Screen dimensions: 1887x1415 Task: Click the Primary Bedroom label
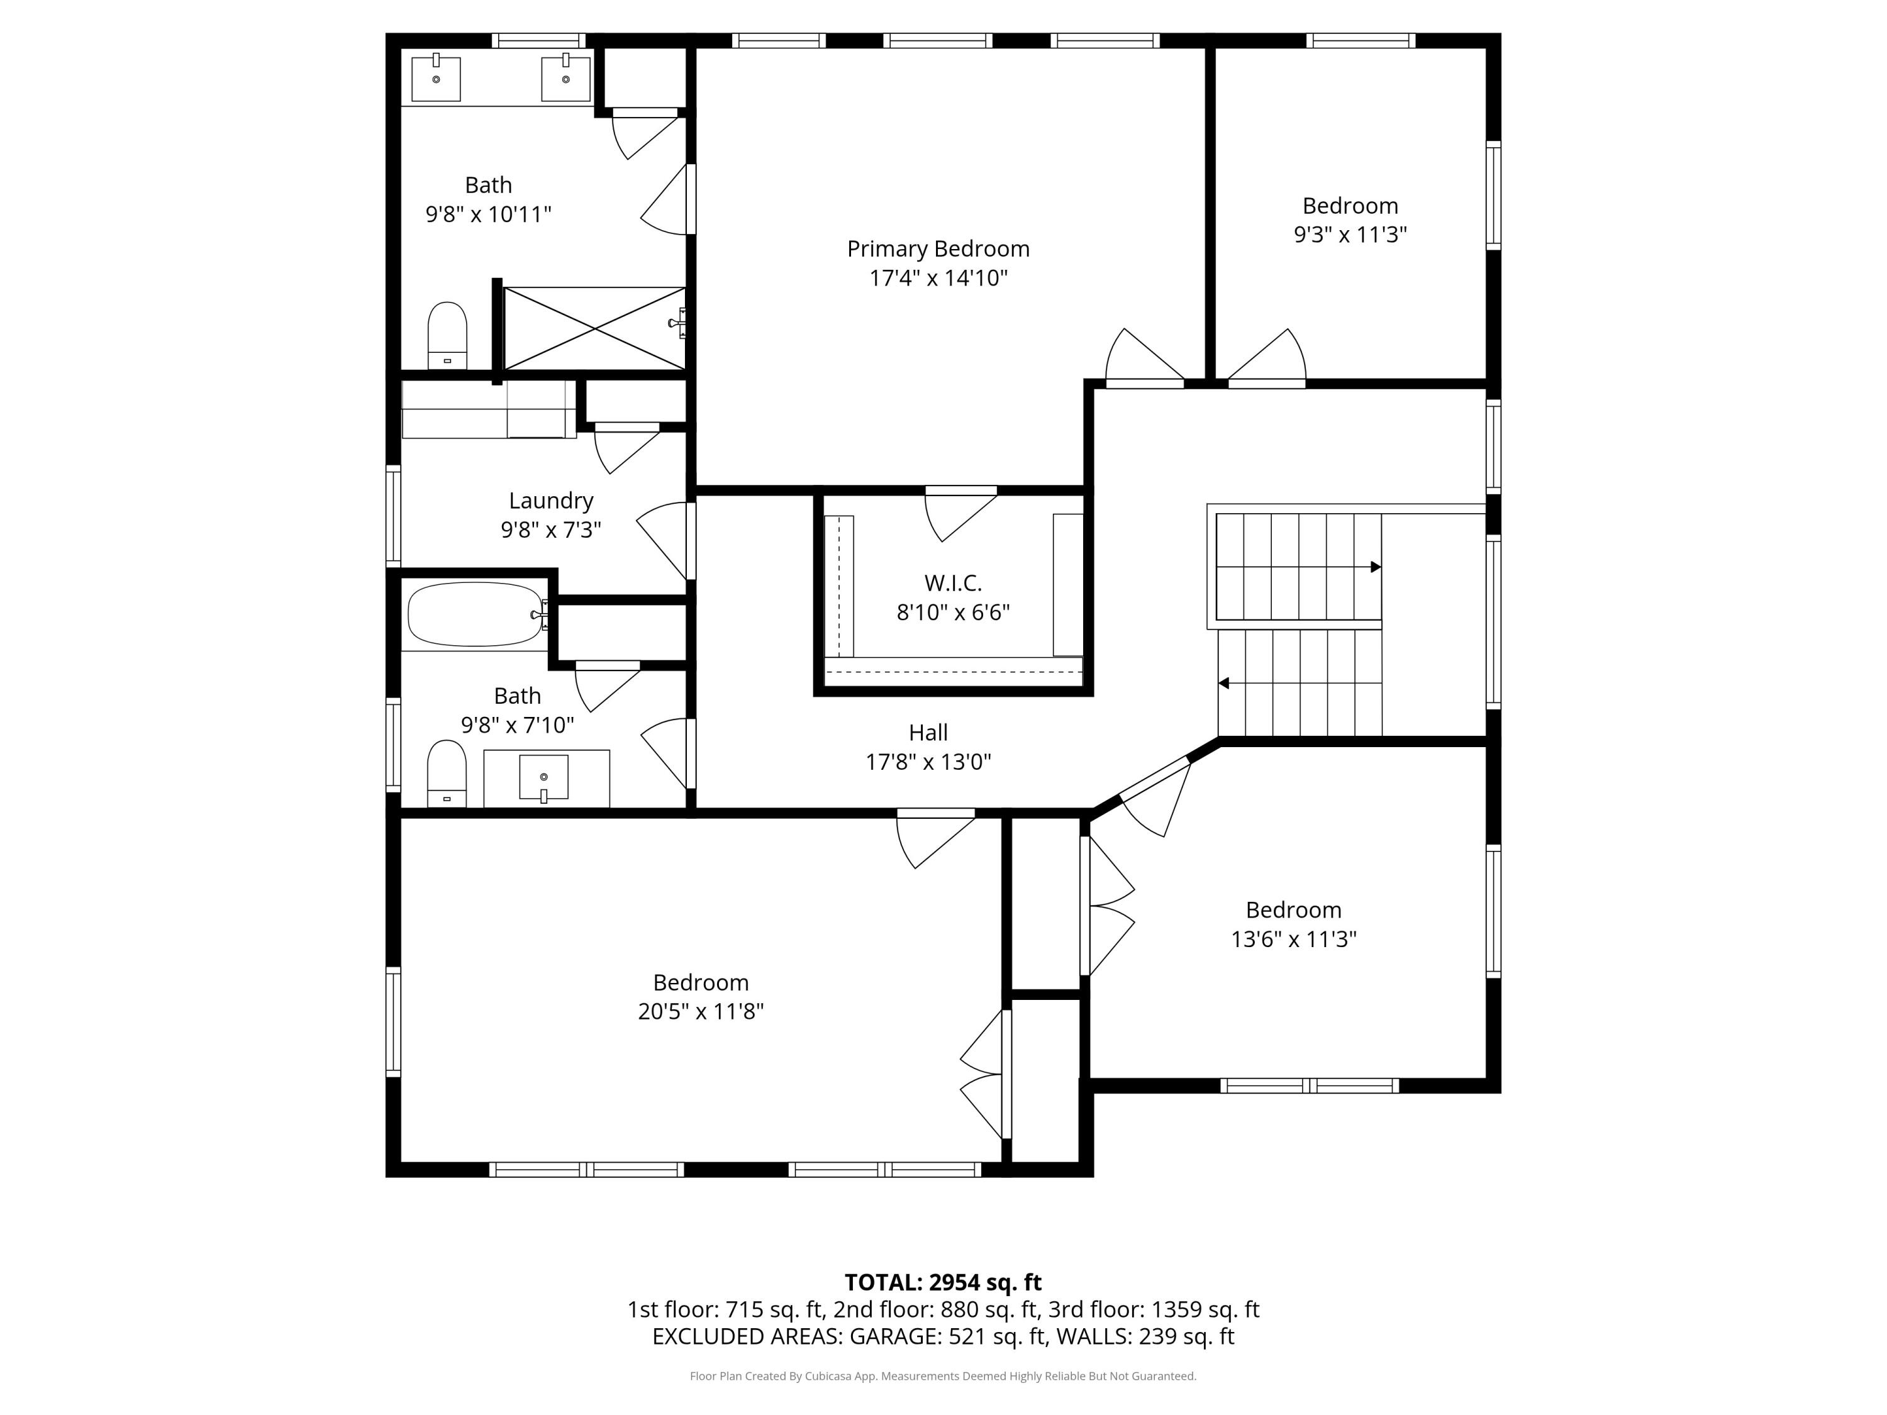click(938, 249)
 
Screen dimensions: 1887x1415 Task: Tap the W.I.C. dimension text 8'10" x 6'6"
click(953, 613)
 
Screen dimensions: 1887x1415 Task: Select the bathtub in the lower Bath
click(475, 614)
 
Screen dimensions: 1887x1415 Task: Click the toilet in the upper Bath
click(447, 336)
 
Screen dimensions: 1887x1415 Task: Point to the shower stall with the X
click(594, 328)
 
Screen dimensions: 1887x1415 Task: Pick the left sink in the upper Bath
click(436, 79)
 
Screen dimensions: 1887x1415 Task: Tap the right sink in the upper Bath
click(567, 79)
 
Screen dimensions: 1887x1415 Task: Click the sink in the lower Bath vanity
click(544, 778)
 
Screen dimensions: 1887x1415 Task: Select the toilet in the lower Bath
click(447, 774)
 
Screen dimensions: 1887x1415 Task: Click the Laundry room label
click(551, 501)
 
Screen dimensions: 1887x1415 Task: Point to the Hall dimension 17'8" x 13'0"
click(928, 762)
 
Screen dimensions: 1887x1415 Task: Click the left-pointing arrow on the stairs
click(1223, 683)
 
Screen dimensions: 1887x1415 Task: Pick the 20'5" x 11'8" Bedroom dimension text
click(700, 1011)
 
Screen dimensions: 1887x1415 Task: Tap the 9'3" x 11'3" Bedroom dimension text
click(1350, 235)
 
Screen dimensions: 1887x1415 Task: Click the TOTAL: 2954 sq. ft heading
click(943, 1282)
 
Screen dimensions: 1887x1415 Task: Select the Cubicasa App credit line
click(943, 1376)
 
